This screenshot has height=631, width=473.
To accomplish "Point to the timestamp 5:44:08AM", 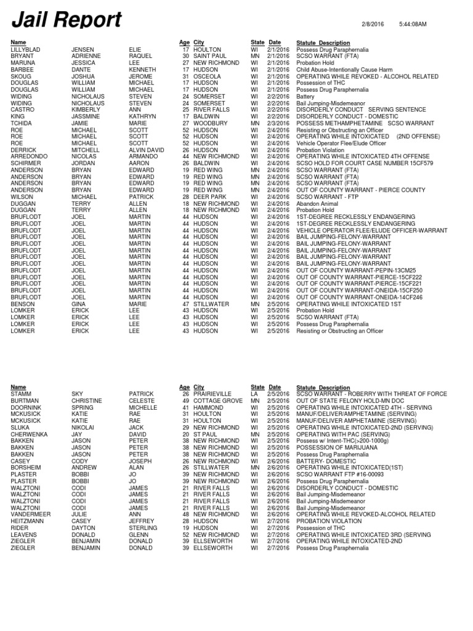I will tap(413, 23).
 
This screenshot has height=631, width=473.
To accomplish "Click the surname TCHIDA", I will tap(22, 123).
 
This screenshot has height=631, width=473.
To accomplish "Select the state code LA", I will tap(254, 394).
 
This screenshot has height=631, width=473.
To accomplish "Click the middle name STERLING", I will tap(143, 527).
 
